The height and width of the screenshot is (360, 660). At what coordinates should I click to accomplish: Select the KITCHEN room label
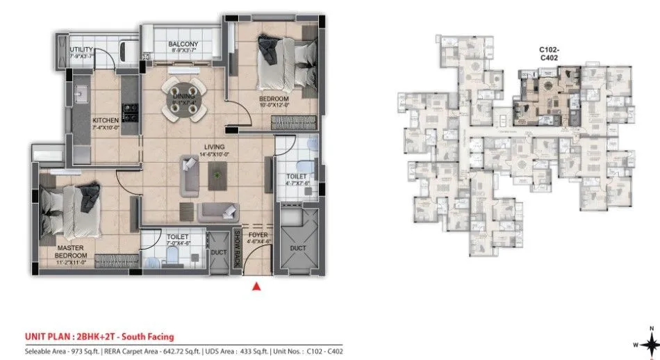(x=106, y=120)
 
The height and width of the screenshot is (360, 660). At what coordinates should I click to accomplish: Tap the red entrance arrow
(x=256, y=286)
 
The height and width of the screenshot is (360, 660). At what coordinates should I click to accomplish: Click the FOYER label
(x=258, y=235)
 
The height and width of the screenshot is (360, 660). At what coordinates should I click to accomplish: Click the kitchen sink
(x=79, y=92)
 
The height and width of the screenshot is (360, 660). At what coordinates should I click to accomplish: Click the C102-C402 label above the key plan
(x=552, y=55)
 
